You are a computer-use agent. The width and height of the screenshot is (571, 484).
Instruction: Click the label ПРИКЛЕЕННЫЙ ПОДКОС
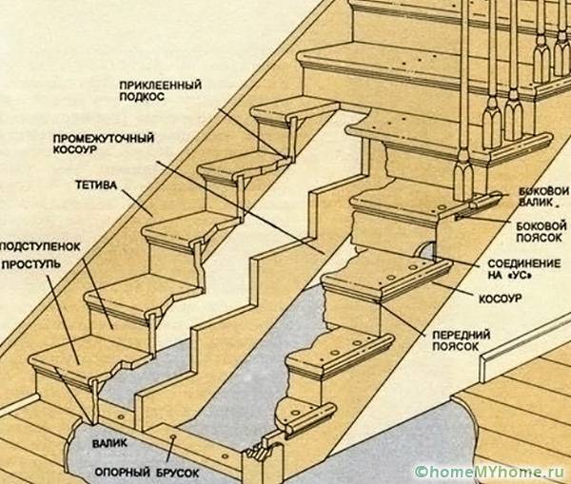(x=160, y=91)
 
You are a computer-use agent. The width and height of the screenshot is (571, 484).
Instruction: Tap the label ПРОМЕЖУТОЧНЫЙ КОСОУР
(x=104, y=145)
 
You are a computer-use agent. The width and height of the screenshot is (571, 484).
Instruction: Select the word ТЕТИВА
(x=96, y=184)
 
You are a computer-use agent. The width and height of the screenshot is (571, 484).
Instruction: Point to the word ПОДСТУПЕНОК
(x=40, y=246)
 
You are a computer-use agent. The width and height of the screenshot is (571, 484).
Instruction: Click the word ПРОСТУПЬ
(x=31, y=264)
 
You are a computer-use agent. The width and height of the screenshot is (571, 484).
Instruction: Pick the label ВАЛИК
(x=109, y=443)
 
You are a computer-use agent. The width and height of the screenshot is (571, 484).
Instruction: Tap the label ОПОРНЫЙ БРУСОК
(x=147, y=473)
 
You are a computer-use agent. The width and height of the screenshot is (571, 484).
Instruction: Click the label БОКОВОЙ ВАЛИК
(x=543, y=197)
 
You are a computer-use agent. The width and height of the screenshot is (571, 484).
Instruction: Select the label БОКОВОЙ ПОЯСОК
(x=541, y=232)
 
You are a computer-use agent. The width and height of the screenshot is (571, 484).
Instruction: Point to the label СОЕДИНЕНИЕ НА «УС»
(x=524, y=269)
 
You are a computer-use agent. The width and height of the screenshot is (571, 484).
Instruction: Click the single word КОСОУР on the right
(x=500, y=300)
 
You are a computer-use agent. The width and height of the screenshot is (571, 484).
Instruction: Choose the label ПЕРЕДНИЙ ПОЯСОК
(x=461, y=340)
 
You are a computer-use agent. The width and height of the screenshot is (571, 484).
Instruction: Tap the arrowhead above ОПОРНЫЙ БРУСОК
(x=172, y=437)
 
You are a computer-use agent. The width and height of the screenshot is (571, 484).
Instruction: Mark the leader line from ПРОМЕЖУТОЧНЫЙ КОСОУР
(x=241, y=207)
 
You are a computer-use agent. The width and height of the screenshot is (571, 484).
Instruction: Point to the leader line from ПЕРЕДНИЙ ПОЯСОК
(x=403, y=318)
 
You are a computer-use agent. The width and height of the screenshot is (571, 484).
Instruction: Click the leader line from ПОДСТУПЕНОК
(x=98, y=294)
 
